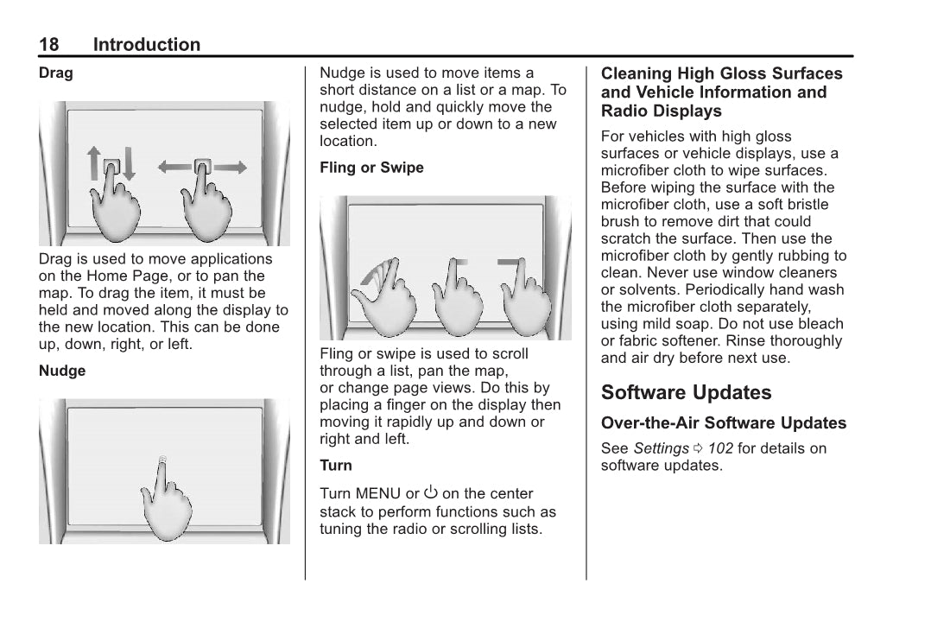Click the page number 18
click(49, 45)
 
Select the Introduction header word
click(147, 45)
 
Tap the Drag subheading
click(56, 73)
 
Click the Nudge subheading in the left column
click(62, 371)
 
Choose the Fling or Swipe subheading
click(371, 168)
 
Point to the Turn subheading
click(336, 466)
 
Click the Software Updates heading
click(686, 393)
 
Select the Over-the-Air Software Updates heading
click(724, 423)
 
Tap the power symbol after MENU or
click(430, 492)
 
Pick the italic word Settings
click(661, 448)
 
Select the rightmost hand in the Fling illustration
click(526, 302)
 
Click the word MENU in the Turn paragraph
click(377, 493)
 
